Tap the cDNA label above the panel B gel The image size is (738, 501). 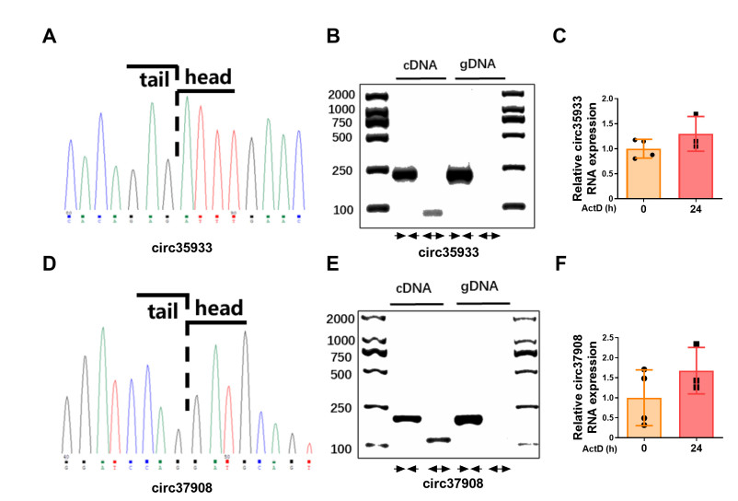[419, 64]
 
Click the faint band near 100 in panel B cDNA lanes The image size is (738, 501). [432, 213]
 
